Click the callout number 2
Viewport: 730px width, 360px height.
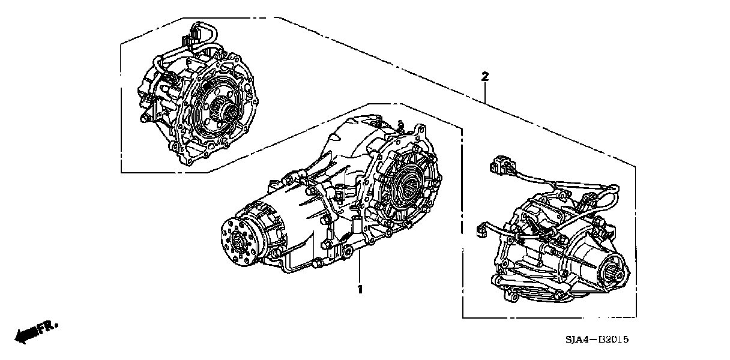(485, 77)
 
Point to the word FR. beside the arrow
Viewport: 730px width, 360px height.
(47, 327)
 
